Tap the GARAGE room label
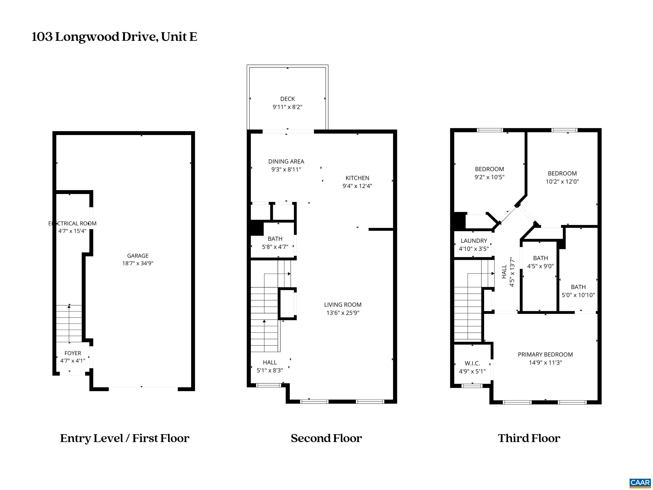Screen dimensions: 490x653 click(x=138, y=256)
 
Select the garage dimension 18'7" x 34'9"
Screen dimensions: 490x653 click(x=138, y=263)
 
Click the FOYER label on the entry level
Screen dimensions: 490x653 click(x=73, y=353)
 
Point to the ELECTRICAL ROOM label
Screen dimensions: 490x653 click(x=72, y=224)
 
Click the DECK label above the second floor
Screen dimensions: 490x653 click(x=287, y=99)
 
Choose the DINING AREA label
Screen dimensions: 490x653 click(x=286, y=161)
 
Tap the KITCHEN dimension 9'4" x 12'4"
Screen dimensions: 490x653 click(x=357, y=186)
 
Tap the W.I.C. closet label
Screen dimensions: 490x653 click(x=472, y=363)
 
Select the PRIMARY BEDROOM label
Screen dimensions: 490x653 click(x=545, y=355)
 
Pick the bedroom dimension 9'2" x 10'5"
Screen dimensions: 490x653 click(x=489, y=177)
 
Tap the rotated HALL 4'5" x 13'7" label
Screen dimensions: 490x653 click(x=508, y=272)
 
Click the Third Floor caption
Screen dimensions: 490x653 click(x=529, y=438)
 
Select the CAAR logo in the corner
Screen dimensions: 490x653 click(x=640, y=483)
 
